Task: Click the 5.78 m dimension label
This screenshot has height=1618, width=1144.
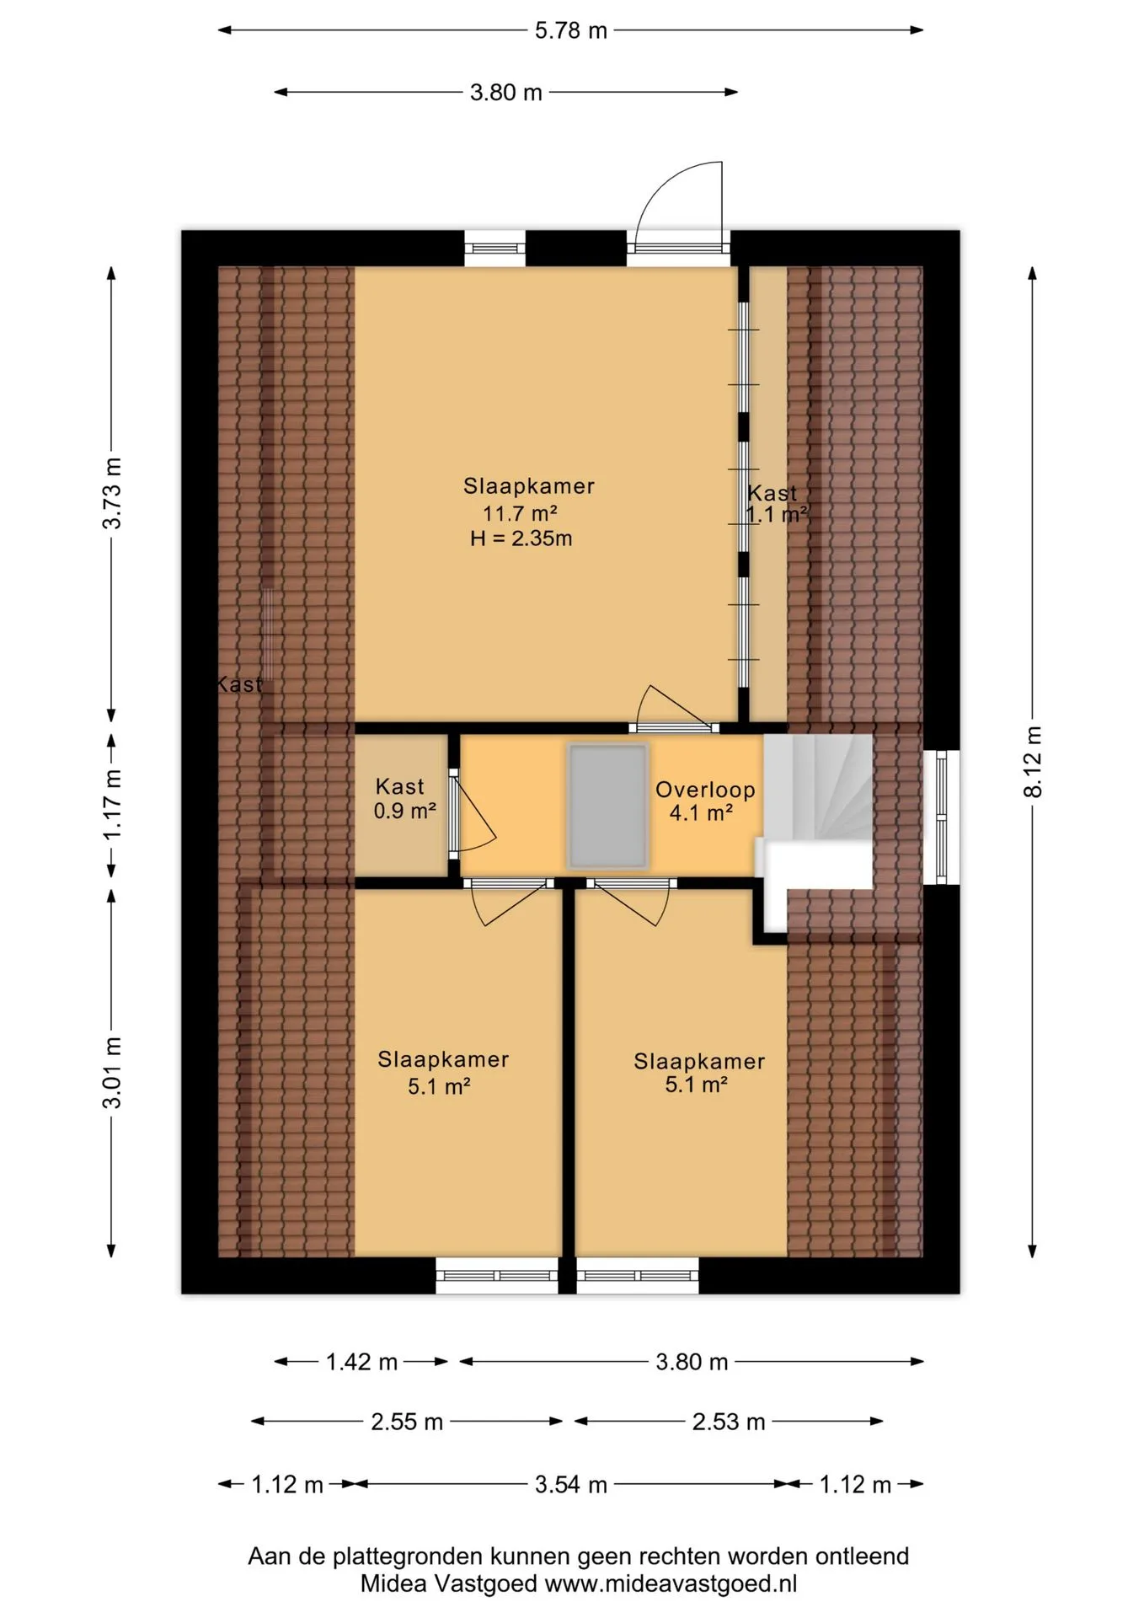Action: coord(570,30)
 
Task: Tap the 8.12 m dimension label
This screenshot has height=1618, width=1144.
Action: coord(1033,761)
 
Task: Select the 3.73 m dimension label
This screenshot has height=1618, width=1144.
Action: coord(112,493)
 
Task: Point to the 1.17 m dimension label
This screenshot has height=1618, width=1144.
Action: coord(112,804)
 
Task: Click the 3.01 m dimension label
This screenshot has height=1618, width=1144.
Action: coord(112,1072)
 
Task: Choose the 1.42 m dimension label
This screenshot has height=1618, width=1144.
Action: coord(361,1362)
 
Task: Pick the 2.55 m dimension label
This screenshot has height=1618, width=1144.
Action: coord(407,1422)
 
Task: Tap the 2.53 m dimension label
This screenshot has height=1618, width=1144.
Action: coord(729,1422)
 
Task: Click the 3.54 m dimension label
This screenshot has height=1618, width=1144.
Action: coord(570,1484)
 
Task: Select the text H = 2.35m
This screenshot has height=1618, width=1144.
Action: coord(521,538)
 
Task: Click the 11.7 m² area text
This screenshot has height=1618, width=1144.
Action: coord(520,513)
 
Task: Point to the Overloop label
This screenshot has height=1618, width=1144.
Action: coord(705,790)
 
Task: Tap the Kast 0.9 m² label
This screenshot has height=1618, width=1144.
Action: coord(404,798)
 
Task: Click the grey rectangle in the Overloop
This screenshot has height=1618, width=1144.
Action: coord(608,806)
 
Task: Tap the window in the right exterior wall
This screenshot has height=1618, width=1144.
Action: coord(942,817)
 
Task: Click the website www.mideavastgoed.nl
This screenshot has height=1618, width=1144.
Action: coord(671,1583)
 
